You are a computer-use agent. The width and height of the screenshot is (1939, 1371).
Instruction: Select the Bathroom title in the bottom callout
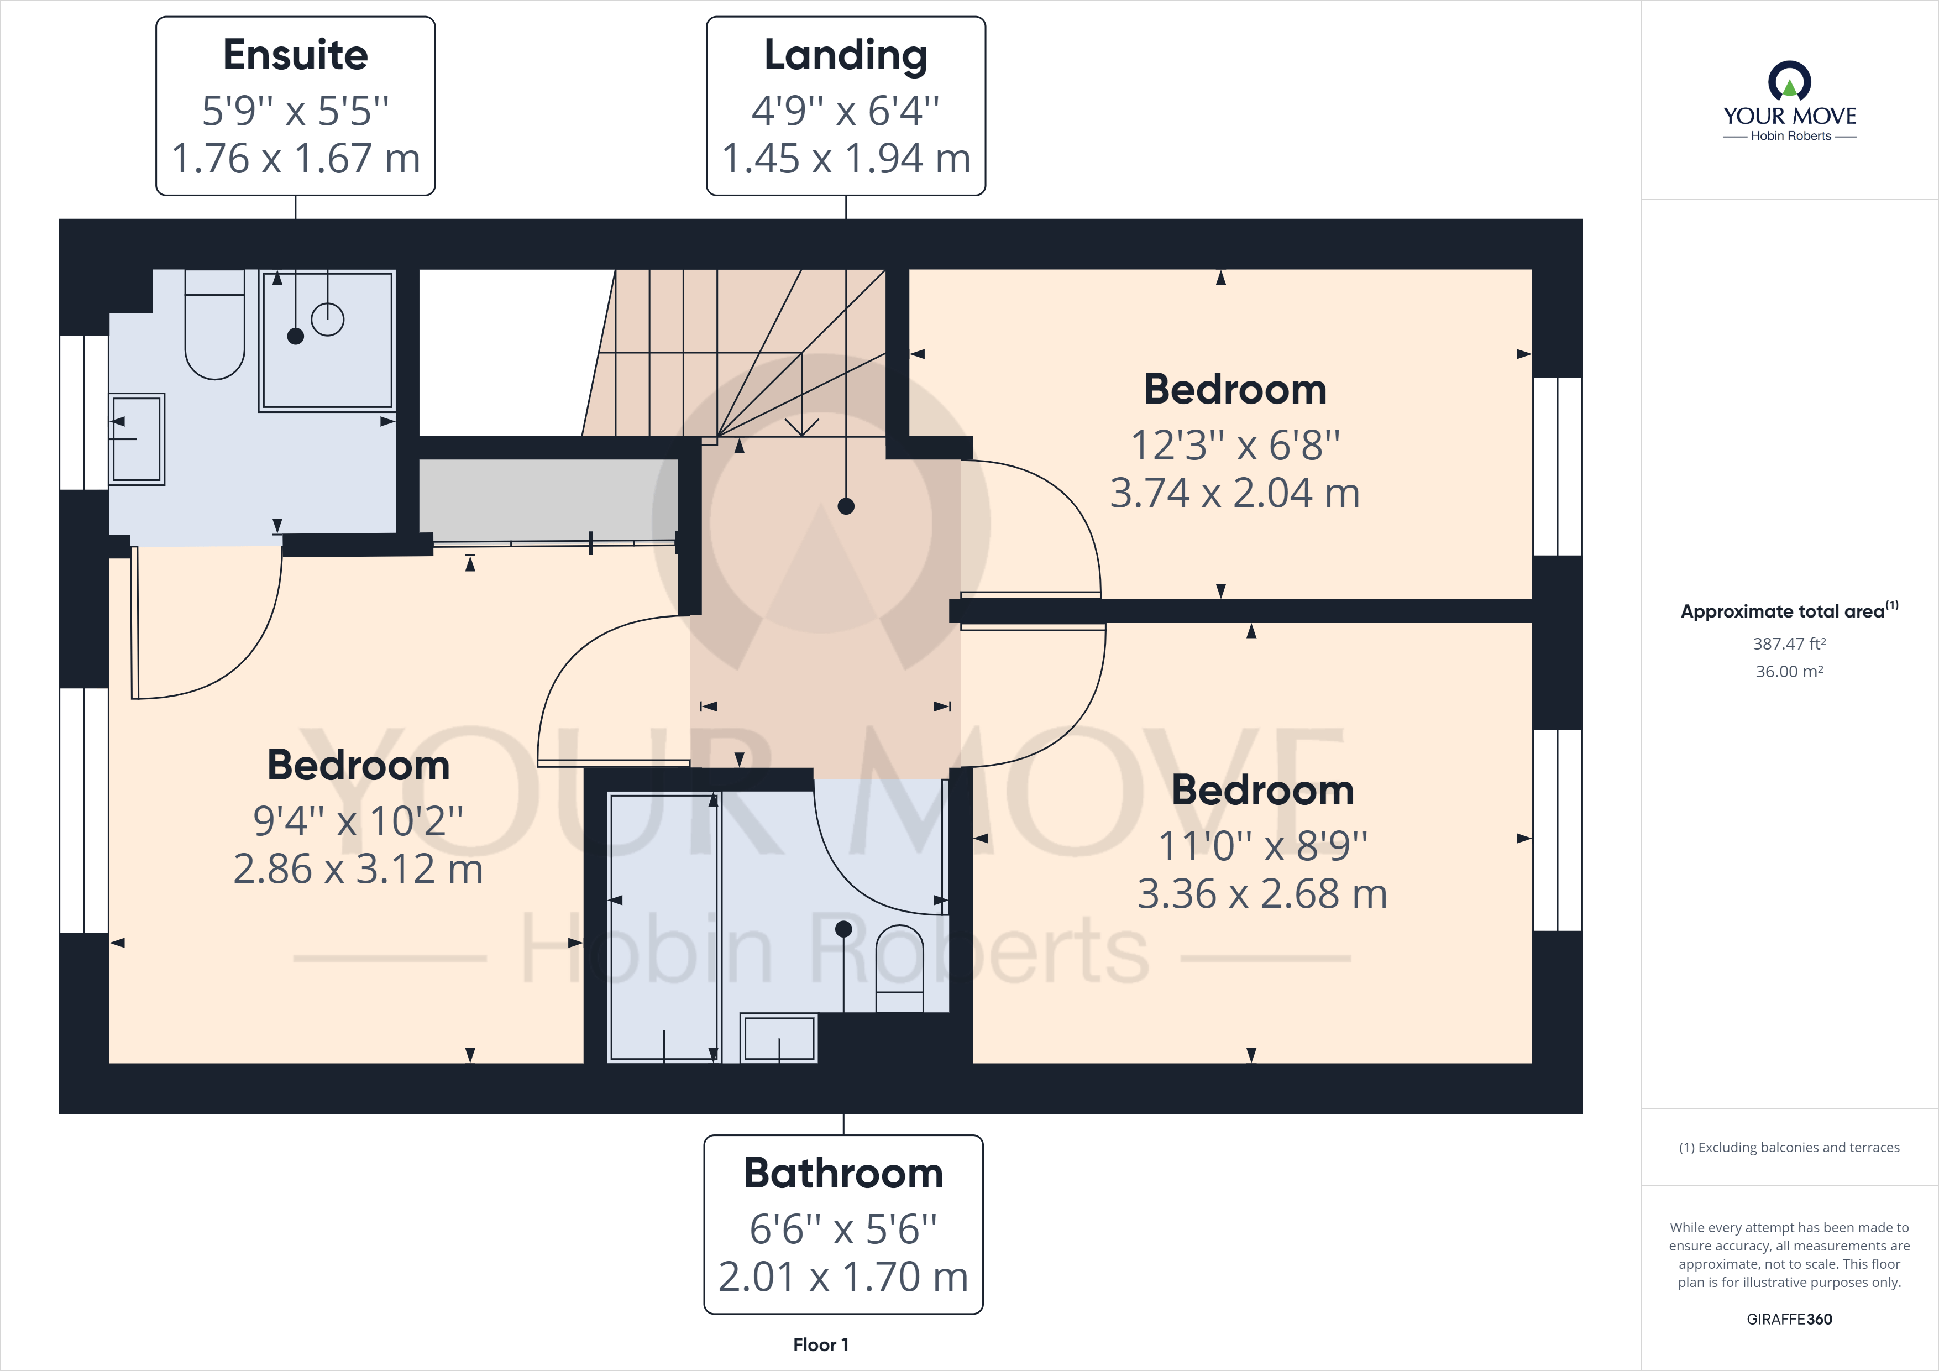pos(843,1173)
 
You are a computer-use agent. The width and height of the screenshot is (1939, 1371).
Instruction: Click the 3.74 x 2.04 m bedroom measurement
pos(1235,493)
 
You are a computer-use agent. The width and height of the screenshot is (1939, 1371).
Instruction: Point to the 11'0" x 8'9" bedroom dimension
pos(1262,846)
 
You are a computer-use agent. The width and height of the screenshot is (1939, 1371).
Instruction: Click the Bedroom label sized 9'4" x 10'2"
pos(358,765)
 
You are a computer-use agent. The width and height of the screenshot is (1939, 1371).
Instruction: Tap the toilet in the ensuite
pos(214,329)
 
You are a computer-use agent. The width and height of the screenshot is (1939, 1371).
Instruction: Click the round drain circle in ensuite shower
pos(328,320)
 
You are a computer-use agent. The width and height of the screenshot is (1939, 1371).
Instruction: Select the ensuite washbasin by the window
pos(137,438)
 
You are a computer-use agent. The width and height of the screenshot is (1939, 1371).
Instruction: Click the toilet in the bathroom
pos(899,967)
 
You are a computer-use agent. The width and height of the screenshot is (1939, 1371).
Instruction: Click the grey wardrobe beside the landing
pos(548,499)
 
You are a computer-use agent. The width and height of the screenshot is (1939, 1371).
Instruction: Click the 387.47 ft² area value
pos(1789,643)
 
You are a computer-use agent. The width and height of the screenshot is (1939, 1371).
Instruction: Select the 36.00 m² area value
pos(1789,672)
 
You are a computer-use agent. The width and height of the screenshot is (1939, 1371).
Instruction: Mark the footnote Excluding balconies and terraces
pos(1789,1147)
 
